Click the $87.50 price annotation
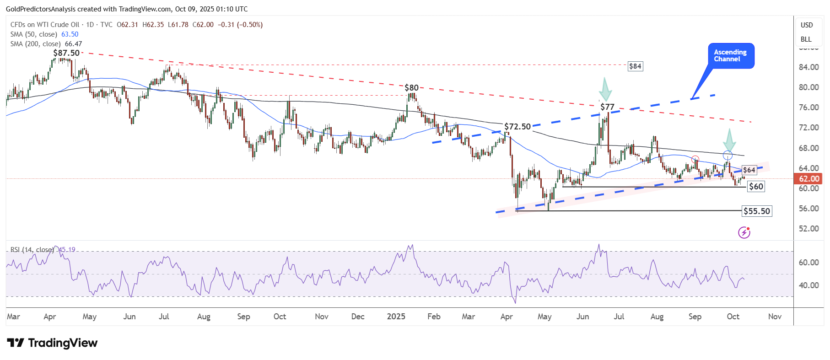(x=66, y=53)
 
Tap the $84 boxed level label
(x=635, y=66)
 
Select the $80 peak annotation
(x=411, y=88)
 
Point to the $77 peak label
(x=607, y=107)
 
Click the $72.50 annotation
(x=517, y=127)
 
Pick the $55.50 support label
(x=757, y=211)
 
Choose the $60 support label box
(x=756, y=187)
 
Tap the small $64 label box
(x=749, y=170)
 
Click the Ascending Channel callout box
(x=731, y=56)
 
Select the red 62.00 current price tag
(x=809, y=179)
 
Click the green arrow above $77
(x=605, y=89)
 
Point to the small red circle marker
(x=695, y=159)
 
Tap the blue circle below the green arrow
(x=728, y=155)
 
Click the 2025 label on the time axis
(x=396, y=317)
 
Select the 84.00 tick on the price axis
(x=808, y=67)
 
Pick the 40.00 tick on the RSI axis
(x=808, y=285)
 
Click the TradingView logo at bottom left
(x=53, y=343)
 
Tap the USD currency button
(x=807, y=25)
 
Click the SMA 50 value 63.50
(x=70, y=34)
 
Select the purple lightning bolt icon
(x=744, y=233)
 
